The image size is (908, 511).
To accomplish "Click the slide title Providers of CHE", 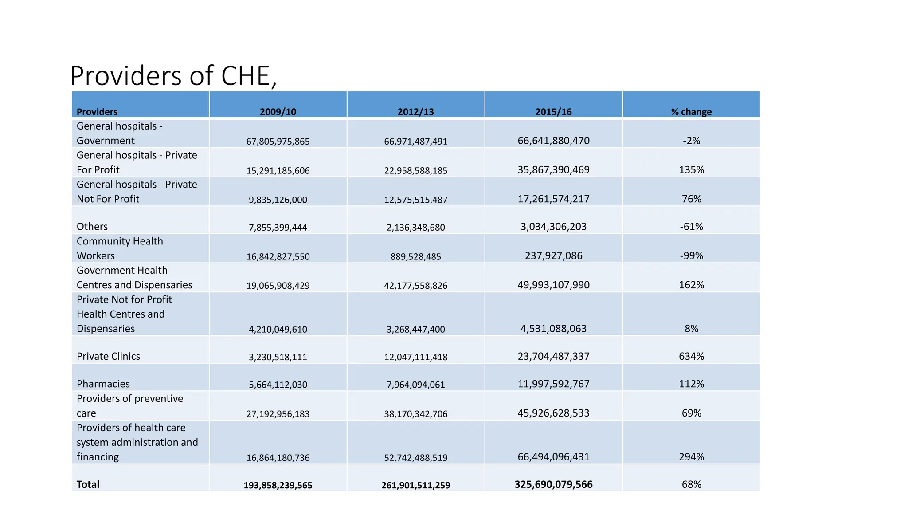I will tap(173, 76).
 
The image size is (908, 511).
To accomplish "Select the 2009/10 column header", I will tap(278, 112).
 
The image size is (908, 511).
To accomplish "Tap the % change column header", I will tap(691, 112).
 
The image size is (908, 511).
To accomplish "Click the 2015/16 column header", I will tap(553, 112).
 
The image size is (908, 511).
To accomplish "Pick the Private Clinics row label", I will tap(108, 356).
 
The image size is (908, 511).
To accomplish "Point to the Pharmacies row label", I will tap(103, 384).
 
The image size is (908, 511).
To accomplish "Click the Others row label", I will tap(92, 227).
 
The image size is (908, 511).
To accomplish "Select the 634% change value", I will tap(691, 356).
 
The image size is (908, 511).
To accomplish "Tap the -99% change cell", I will tap(691, 256).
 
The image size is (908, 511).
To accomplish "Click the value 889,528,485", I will tap(415, 256).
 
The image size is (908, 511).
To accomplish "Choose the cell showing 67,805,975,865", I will tap(278, 142).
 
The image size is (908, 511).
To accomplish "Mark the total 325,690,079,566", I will tap(553, 484).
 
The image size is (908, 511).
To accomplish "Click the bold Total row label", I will tap(88, 484).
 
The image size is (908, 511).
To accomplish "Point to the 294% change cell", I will tap(691, 457).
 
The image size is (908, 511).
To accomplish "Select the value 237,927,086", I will tap(553, 256).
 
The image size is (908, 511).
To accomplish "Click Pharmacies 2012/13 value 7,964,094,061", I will tap(415, 385).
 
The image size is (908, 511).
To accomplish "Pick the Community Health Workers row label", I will tap(120, 248).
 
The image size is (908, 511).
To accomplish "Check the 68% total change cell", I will tap(691, 484).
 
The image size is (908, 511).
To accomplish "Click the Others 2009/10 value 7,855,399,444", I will tap(278, 228).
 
